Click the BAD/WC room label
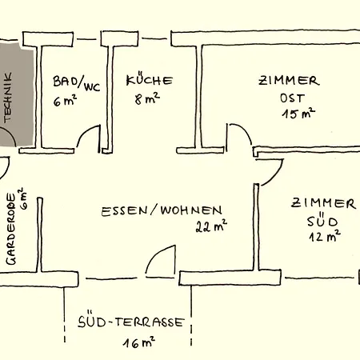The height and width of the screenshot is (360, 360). [x=77, y=84]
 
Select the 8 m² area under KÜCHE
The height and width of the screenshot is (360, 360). [x=147, y=99]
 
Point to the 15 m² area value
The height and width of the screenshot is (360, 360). [x=298, y=114]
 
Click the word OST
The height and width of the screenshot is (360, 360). [x=292, y=98]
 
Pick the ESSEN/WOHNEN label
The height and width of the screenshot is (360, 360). [x=162, y=210]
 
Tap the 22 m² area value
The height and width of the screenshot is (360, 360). [x=211, y=226]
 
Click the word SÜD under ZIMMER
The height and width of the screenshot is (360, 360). [x=322, y=220]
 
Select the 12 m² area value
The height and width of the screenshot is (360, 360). [x=325, y=236]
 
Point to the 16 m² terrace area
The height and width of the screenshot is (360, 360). [x=139, y=342]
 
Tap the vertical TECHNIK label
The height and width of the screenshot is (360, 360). [x=8, y=98]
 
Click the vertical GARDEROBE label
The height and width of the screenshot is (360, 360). [x=11, y=229]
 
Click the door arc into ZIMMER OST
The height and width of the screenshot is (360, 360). [x=244, y=130]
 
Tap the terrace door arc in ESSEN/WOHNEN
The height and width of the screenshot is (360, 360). [x=155, y=254]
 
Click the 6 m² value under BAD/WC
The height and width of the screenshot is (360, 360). [x=65, y=101]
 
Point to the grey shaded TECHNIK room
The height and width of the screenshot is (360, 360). [x=17, y=94]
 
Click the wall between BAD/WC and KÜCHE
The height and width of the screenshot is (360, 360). [x=110, y=98]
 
